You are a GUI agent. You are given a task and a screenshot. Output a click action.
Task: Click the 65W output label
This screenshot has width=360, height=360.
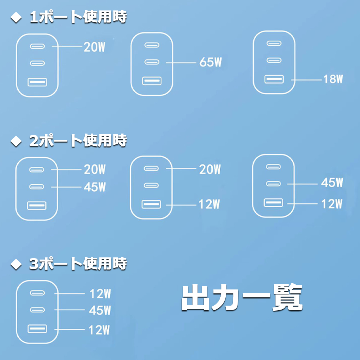[211, 62]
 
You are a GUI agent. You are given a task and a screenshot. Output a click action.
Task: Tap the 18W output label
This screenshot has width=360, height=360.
[333, 79]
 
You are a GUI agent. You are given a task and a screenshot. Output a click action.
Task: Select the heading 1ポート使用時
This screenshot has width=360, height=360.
[78, 17]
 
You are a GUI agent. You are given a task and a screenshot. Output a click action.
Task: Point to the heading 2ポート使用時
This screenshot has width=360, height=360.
[78, 140]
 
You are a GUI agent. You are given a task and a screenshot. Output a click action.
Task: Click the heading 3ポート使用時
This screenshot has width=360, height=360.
[78, 264]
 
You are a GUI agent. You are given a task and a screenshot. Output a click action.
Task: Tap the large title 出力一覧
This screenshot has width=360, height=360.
[242, 297]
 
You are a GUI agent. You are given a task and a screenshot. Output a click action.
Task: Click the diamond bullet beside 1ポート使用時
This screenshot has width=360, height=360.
[16, 17]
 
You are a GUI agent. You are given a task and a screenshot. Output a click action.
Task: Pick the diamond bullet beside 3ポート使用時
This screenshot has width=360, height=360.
[16, 264]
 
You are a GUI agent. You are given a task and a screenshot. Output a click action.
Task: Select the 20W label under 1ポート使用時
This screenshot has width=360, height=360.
[94, 47]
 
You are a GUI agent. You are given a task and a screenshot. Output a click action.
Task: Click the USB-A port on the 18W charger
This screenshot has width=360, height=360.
[274, 79]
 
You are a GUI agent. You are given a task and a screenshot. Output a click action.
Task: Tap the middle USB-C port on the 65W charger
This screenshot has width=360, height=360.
[152, 62]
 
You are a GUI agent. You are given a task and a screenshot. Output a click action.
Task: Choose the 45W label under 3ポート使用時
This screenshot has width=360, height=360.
[100, 310]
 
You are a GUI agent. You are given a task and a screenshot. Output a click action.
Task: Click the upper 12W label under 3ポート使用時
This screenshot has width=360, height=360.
[100, 294]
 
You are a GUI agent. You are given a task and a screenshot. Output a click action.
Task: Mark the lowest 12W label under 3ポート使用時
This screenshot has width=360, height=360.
[99, 330]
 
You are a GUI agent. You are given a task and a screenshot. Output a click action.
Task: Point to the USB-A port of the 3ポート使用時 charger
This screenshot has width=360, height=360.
[37, 329]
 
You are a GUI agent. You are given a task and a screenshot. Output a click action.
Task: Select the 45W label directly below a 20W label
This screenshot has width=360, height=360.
[95, 187]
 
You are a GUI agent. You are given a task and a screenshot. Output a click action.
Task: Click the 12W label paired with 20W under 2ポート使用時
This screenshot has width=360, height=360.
[209, 204]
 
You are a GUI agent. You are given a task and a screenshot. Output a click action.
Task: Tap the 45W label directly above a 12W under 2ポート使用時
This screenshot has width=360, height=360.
[332, 183]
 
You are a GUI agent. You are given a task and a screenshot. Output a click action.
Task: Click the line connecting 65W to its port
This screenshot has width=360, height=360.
[181, 62]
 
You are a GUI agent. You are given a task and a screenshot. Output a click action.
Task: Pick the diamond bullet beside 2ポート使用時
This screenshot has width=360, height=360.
[16, 141]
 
